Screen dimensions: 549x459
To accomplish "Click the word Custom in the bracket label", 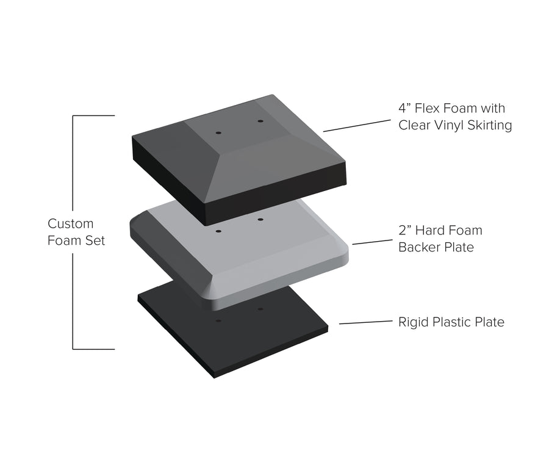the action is point(70,223).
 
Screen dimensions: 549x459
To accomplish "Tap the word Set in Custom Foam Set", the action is point(96,240).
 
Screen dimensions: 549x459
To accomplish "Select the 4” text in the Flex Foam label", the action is point(404,108).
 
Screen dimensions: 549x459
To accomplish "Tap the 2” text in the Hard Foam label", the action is point(404,230).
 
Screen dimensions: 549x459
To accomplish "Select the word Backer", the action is point(419,247).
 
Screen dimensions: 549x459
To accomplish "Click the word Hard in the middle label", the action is point(428,230).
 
